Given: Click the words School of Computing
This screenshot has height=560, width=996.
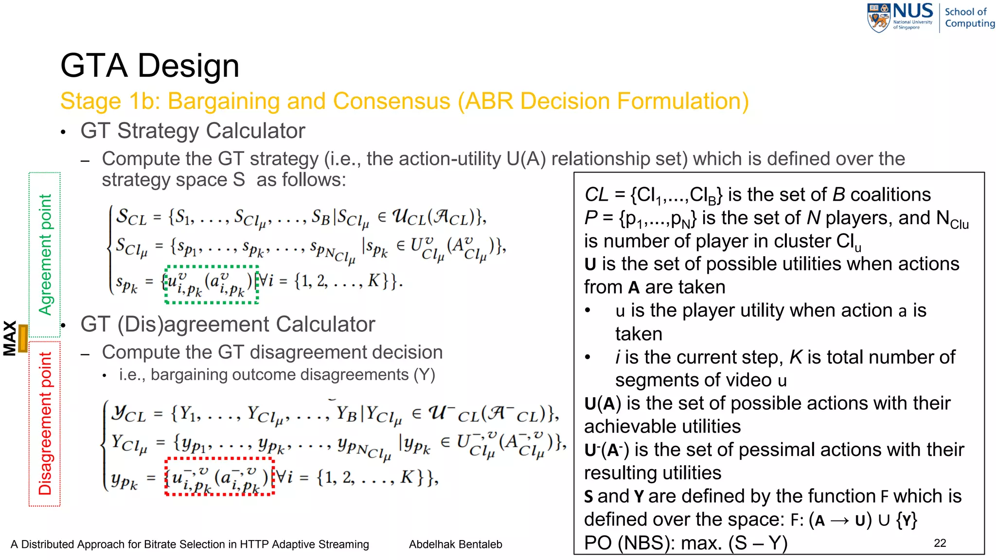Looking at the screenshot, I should (x=969, y=17).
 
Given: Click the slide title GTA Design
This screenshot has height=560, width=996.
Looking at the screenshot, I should (x=150, y=66).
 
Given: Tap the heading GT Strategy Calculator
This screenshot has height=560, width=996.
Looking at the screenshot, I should (x=193, y=131).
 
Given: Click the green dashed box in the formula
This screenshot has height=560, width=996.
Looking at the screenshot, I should (x=212, y=284).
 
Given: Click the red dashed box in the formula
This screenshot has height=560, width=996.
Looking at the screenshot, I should (x=220, y=476).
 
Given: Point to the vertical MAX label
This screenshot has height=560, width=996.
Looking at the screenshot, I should (x=10, y=338).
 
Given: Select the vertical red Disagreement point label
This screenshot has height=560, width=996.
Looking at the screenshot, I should (x=45, y=423).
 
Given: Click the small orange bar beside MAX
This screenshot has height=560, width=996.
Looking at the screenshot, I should (x=22, y=338).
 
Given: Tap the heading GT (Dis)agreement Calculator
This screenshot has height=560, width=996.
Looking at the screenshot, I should (x=228, y=324).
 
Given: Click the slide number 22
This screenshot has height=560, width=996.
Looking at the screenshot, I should (x=940, y=543).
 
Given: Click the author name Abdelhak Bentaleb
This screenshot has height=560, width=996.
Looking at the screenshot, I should (x=455, y=544).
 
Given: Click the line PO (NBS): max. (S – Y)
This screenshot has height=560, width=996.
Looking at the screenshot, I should (x=686, y=543).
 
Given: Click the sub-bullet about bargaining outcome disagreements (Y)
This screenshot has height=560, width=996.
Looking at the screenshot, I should (x=277, y=375).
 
